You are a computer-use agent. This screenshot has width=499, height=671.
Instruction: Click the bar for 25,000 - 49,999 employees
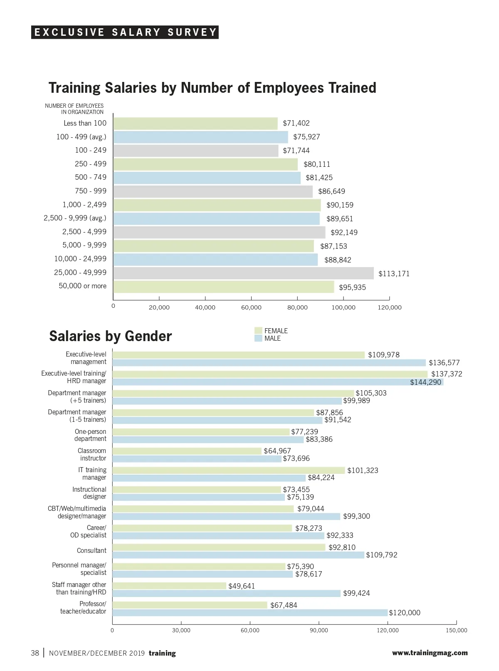click(243, 273)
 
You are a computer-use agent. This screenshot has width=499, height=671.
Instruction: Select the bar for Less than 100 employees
click(195, 124)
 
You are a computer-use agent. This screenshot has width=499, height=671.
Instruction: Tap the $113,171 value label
click(394, 274)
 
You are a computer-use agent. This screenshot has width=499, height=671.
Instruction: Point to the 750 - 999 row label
click(91, 191)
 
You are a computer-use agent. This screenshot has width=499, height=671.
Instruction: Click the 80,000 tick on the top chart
click(297, 307)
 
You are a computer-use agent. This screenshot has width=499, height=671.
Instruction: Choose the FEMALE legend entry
click(276, 331)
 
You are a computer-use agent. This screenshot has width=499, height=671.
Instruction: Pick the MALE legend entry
click(272, 338)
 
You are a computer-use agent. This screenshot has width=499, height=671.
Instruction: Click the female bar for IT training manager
click(229, 470)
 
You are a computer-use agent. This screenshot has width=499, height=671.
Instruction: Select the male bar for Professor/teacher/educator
click(249, 613)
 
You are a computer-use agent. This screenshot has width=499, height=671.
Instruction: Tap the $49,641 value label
click(242, 586)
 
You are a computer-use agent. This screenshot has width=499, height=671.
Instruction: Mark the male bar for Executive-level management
click(269, 363)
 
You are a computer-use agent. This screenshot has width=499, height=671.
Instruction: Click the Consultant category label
click(91, 550)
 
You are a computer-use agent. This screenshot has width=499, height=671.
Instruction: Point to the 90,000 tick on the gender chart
click(319, 630)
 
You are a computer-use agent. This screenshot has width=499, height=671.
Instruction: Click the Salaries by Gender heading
click(111, 336)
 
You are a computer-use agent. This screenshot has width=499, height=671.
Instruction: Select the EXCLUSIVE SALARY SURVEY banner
click(125, 32)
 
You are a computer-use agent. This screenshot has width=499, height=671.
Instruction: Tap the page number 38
click(35, 653)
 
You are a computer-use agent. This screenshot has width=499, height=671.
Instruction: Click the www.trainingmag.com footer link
click(430, 653)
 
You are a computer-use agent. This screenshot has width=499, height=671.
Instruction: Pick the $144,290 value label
click(425, 382)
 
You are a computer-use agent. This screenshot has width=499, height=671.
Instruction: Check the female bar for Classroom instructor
click(187, 451)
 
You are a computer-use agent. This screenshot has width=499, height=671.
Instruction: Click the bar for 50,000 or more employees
click(223, 287)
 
